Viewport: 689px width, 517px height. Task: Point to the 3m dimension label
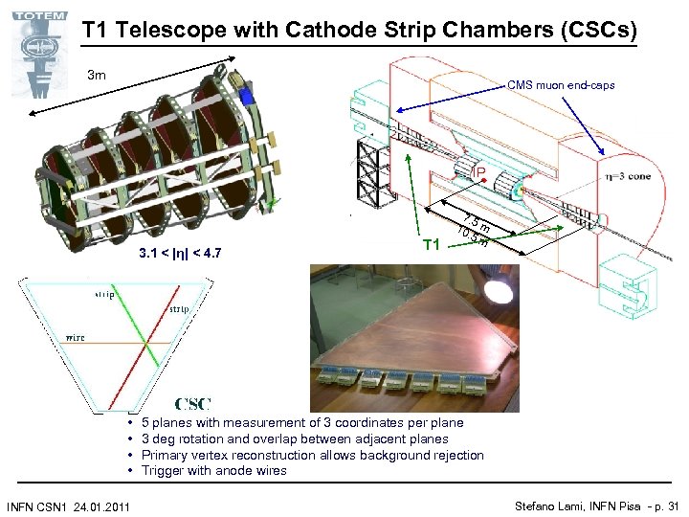click(97, 75)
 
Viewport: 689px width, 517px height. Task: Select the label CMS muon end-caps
click(561, 85)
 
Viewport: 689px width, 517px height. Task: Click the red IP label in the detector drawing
click(478, 172)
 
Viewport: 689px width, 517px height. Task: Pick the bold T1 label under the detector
click(433, 245)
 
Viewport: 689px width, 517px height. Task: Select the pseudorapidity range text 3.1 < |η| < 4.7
click(180, 254)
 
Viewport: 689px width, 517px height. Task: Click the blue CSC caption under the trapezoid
click(192, 405)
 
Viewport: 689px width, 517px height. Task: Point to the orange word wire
click(76, 337)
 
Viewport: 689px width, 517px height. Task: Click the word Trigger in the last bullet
click(164, 470)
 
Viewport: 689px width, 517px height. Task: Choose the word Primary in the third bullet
click(166, 455)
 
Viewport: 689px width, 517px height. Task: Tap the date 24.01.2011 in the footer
click(101, 506)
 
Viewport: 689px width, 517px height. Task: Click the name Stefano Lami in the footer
click(548, 506)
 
